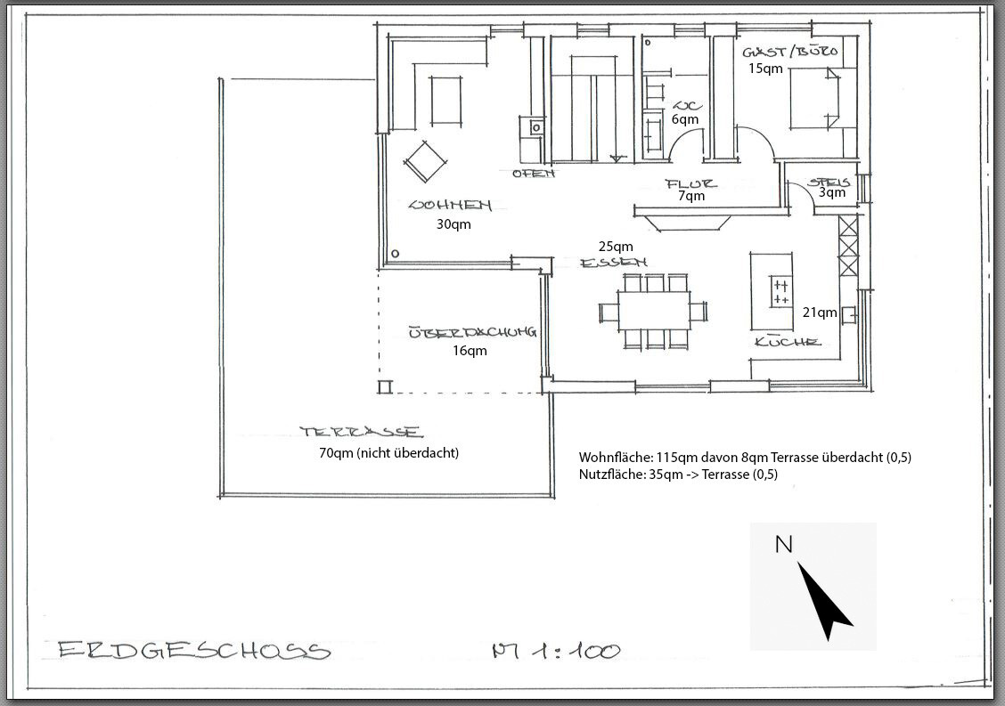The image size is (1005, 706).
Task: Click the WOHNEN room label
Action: (x=450, y=205)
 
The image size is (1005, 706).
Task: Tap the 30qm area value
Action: (x=453, y=224)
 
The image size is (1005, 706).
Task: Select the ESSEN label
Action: (x=613, y=263)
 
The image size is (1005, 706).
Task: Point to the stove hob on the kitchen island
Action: (x=780, y=293)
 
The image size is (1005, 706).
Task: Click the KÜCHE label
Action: (x=787, y=342)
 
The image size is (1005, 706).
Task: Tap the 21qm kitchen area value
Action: (x=820, y=312)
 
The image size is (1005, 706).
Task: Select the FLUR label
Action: (x=690, y=183)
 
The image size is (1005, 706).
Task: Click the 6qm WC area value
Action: (x=685, y=119)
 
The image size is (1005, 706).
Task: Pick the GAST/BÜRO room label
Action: (x=791, y=52)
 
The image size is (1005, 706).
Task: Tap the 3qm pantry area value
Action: (x=832, y=192)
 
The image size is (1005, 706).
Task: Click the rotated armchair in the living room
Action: (x=424, y=162)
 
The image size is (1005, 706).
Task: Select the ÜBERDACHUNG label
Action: (x=471, y=333)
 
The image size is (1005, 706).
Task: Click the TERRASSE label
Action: (x=361, y=433)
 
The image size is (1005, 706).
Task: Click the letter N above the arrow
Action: (x=783, y=544)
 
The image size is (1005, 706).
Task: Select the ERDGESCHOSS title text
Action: (x=194, y=651)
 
